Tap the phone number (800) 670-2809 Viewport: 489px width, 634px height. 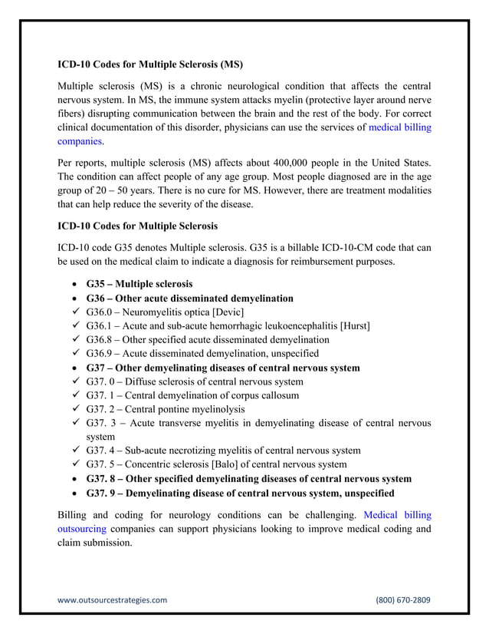click(402, 599)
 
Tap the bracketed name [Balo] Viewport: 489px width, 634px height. click(228, 464)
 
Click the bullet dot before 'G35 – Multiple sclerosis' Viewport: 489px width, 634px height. click(74, 285)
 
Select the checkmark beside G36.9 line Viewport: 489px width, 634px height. click(74, 353)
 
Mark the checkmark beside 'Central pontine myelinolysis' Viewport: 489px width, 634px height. click(74, 409)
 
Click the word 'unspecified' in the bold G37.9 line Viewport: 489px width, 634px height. click(366, 492)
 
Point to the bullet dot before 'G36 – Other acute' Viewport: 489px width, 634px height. click(74, 299)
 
